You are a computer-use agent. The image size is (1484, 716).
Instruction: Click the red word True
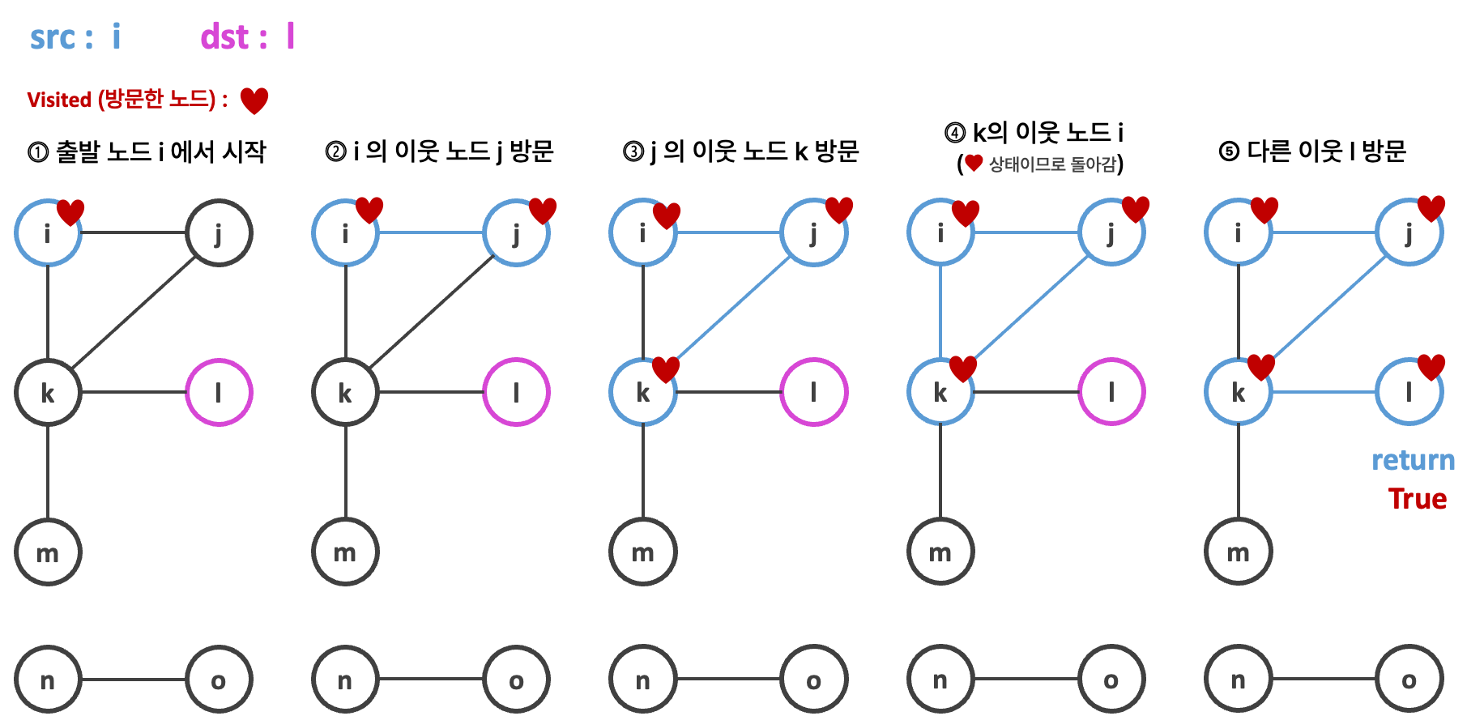click(x=1417, y=499)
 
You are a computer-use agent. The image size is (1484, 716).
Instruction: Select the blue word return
click(x=1413, y=460)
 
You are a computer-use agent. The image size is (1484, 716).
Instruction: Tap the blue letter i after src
click(x=117, y=37)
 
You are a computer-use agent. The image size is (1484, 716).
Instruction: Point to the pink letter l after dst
click(x=291, y=37)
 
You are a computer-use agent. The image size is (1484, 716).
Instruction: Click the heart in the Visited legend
click(x=254, y=100)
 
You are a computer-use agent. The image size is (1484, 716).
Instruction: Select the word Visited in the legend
click(x=58, y=100)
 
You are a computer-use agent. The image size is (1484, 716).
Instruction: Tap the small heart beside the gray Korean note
click(x=974, y=163)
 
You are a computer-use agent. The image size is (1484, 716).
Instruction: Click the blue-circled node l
click(x=1409, y=393)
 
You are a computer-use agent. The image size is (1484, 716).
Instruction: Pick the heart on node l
click(x=1431, y=366)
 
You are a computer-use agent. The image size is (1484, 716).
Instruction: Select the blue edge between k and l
click(x=1324, y=392)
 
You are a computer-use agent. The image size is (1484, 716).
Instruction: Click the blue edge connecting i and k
click(x=940, y=312)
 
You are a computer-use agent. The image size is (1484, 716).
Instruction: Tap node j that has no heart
click(x=219, y=233)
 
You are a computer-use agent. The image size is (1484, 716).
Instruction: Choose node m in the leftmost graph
click(x=48, y=552)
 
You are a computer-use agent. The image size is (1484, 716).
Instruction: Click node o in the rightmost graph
click(x=1409, y=680)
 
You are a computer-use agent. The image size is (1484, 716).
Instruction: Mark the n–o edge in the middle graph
click(x=729, y=679)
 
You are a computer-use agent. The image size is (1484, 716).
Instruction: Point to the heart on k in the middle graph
click(x=666, y=369)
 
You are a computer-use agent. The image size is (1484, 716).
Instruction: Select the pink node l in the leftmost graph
click(x=219, y=393)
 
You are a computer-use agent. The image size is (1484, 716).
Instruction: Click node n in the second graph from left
click(x=345, y=680)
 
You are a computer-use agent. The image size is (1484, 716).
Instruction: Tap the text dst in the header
click(x=224, y=37)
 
